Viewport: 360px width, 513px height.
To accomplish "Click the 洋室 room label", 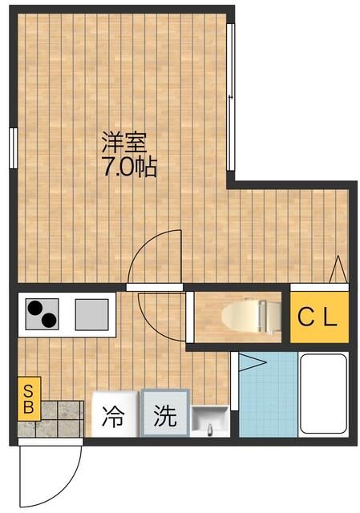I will pos(123,145).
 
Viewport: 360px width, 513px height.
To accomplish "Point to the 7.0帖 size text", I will pos(128,169).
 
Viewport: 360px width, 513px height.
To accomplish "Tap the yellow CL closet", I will pos(318,317).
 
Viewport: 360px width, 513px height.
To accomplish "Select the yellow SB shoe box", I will pos(27,398).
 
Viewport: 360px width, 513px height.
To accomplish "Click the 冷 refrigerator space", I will pos(114,416).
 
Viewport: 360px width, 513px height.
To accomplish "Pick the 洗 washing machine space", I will pos(164,415).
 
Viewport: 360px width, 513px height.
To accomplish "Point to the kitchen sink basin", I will pos(93,313).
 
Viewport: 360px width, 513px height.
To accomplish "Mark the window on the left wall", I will pos(14,149).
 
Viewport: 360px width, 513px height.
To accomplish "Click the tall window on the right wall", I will pos(231,96).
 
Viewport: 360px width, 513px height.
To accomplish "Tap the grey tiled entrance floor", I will pos(60,419).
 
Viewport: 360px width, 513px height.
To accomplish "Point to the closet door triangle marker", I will pos(338,269).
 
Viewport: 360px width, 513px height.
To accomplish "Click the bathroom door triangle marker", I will pos(252,362).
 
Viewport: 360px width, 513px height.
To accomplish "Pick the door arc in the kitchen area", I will pos(163,314).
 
